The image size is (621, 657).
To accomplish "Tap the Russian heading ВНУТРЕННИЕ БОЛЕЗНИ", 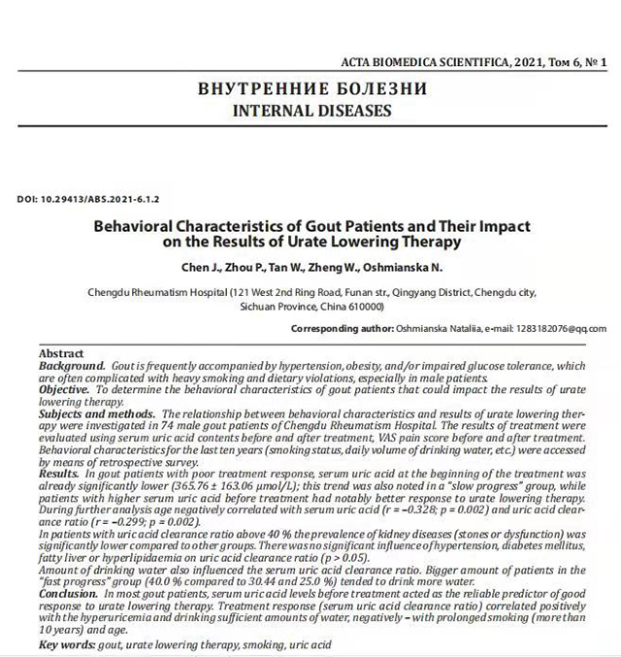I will pos(310,89).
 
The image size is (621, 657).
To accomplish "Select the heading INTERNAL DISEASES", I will pos(310,111).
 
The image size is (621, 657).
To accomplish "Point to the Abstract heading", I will pos(61,353).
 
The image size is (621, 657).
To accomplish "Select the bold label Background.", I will pos(73,365).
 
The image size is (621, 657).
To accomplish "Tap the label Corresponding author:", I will pos(342,329).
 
